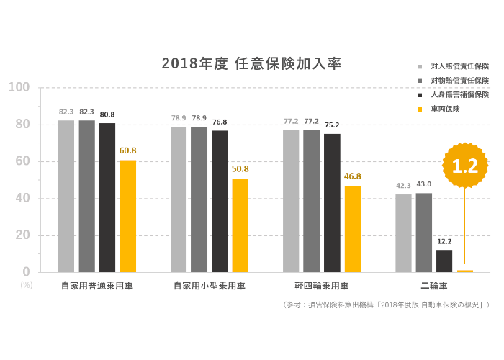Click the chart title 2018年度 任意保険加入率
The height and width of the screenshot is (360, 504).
pos(251,64)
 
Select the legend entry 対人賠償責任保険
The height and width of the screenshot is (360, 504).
pos(459,66)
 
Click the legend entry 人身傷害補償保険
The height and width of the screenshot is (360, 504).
pos(459,94)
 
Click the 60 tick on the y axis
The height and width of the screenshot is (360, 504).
pos(22,162)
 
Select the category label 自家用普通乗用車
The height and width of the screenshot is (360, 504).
pos(96,286)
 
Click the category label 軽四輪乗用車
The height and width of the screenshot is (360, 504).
pos(321,286)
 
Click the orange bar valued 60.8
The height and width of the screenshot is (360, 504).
pos(127,216)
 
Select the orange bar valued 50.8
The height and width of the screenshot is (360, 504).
pos(240,225)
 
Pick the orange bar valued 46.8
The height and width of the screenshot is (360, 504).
pos(353,229)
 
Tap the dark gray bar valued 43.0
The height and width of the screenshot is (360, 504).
pos(424,233)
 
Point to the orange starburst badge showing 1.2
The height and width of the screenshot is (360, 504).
pos(464,166)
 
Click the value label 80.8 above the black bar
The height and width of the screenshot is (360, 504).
pos(107,114)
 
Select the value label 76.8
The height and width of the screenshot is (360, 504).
pos(220,122)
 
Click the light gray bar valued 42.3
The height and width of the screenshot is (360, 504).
pos(403,233)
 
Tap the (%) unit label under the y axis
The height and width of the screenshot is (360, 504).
pos(27,284)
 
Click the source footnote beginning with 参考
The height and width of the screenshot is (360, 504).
pos(386,305)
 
